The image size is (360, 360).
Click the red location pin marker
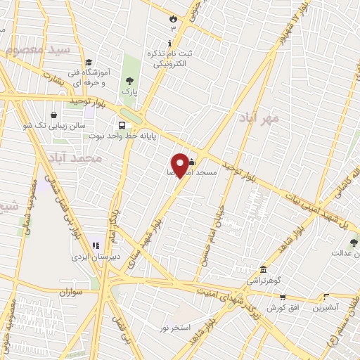181,165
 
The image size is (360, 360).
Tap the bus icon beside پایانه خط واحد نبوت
122,126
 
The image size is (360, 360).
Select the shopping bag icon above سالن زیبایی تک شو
53,115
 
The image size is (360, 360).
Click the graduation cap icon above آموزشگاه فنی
89,63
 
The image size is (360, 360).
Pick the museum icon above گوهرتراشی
263,270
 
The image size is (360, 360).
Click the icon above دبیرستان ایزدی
94,245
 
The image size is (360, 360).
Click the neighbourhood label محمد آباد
77,159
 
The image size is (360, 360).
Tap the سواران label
72,291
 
